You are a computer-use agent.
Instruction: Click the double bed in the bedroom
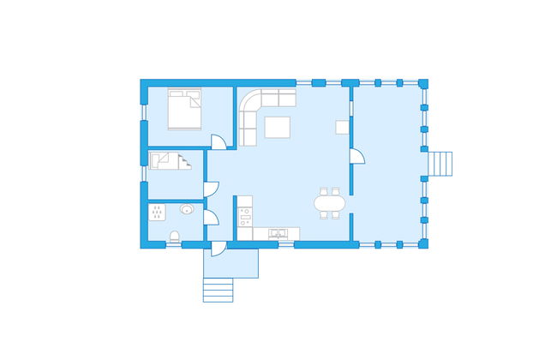[x=184, y=110]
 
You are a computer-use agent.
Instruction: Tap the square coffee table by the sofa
[x=278, y=127]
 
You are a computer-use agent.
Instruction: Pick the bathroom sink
[x=187, y=209]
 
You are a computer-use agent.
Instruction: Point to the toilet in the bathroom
[x=174, y=237]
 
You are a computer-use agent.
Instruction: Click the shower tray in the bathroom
[x=158, y=211]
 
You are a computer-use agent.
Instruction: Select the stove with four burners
[x=245, y=217]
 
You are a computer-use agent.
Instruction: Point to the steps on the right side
[x=440, y=162]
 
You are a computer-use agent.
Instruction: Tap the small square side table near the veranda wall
[x=342, y=127]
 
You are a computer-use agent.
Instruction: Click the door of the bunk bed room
[x=211, y=188]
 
